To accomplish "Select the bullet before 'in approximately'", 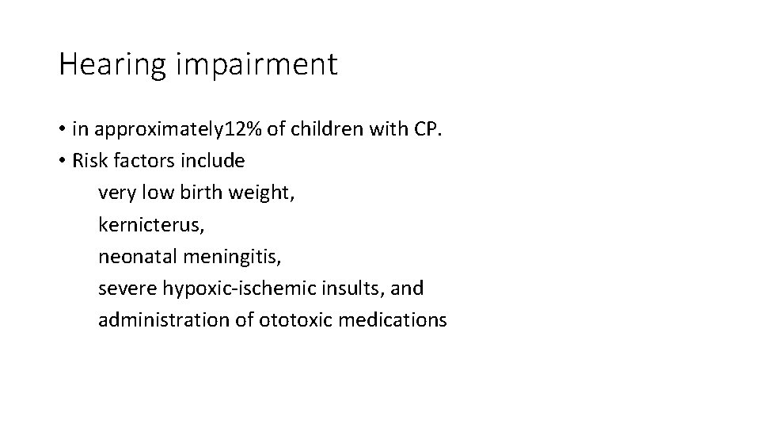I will [x=63, y=128].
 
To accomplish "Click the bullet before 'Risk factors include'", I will [x=63, y=161].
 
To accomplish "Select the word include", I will [x=217, y=161].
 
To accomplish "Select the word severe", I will [x=123, y=289].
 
